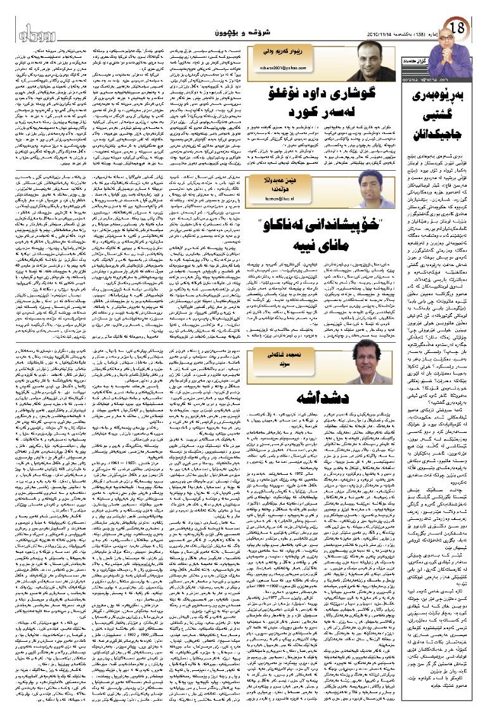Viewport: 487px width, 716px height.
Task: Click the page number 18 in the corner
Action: click(459, 27)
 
